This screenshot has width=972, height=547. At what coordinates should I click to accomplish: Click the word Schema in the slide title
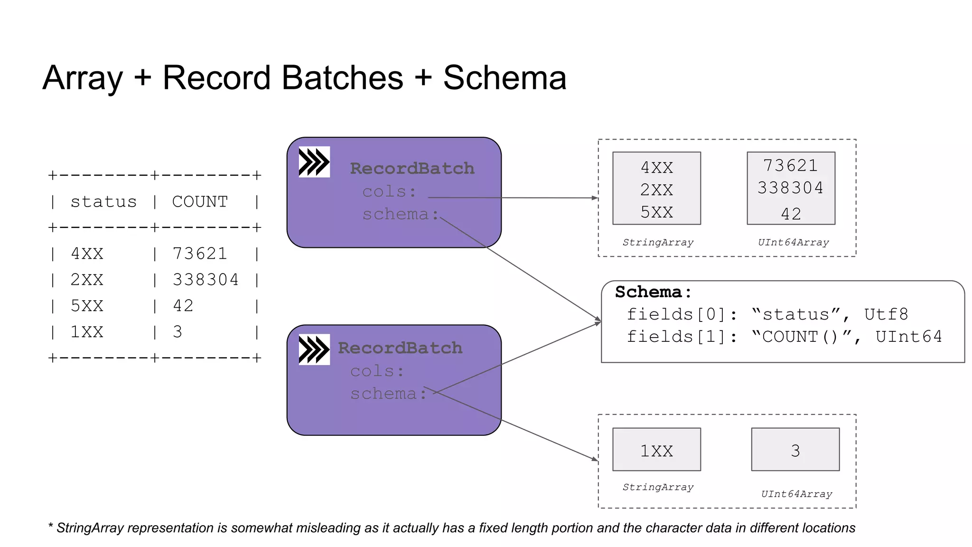pyautogui.click(x=505, y=78)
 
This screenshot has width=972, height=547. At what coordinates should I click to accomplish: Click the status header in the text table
pyautogui.click(x=103, y=202)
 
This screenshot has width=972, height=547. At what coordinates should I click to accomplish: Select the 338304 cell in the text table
pyautogui.click(x=206, y=280)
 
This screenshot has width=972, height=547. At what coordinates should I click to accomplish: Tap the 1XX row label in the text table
pyautogui.click(x=87, y=332)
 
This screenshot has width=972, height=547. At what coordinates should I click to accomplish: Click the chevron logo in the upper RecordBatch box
pyautogui.click(x=314, y=162)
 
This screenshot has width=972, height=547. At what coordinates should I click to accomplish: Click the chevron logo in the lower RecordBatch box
pyautogui.click(x=314, y=349)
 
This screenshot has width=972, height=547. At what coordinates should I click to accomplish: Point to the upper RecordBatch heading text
pyautogui.click(x=412, y=169)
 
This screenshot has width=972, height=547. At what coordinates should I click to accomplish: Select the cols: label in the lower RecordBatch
pyautogui.click(x=377, y=371)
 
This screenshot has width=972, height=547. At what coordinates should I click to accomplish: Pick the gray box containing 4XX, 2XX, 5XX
pyautogui.click(x=656, y=189)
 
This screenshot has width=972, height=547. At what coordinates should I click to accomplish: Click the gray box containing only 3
pyautogui.click(x=795, y=450)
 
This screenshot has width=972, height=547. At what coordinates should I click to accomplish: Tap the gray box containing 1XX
pyautogui.click(x=656, y=450)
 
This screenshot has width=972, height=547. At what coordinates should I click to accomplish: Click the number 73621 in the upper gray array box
pyautogui.click(x=790, y=166)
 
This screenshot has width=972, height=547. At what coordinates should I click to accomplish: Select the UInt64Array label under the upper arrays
pyautogui.click(x=793, y=243)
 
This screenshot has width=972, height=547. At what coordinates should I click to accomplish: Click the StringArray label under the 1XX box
pyautogui.click(x=658, y=487)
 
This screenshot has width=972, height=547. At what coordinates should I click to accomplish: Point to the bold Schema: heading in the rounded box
pyautogui.click(x=653, y=292)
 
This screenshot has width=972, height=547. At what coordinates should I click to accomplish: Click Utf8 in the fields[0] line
pyautogui.click(x=886, y=314)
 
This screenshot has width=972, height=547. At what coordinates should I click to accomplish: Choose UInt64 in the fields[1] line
pyautogui.click(x=908, y=337)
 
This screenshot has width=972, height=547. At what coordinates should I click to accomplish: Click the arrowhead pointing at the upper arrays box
pyautogui.click(x=595, y=198)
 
